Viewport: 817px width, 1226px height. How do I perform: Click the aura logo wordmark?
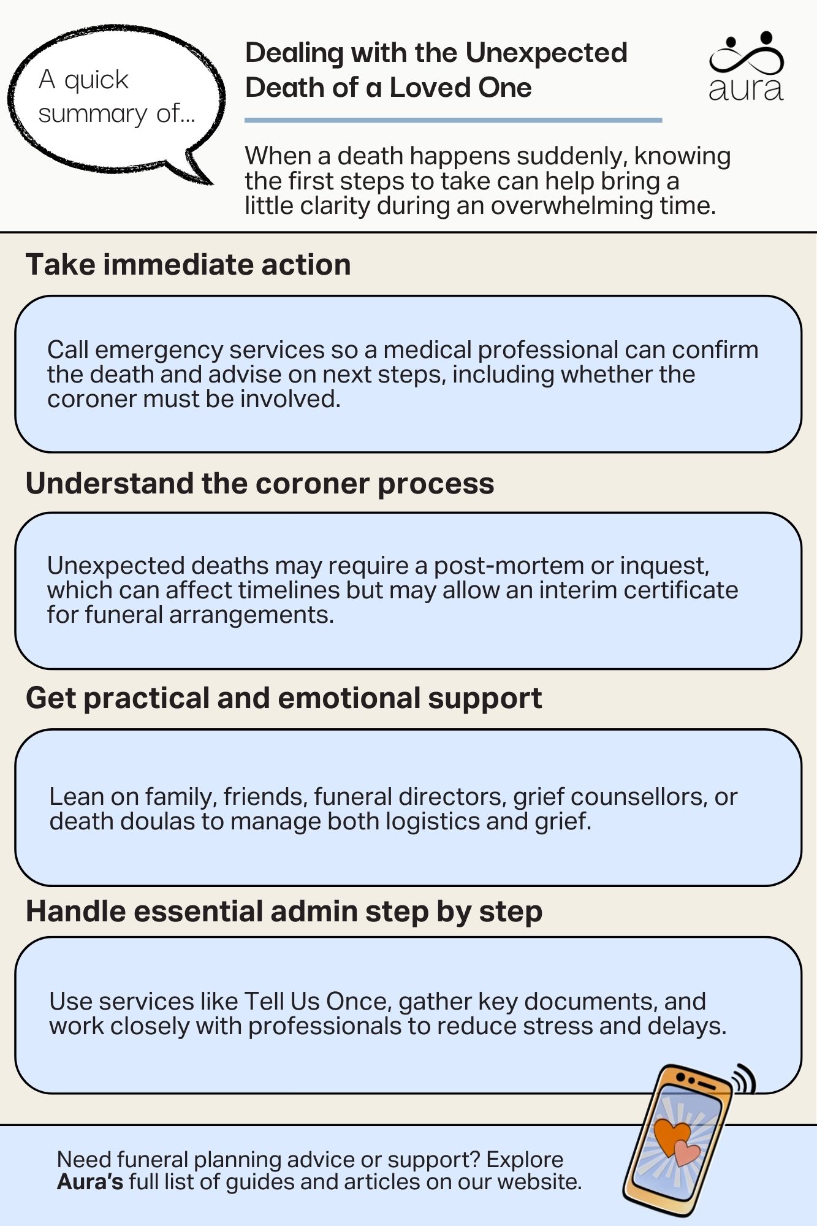(x=746, y=89)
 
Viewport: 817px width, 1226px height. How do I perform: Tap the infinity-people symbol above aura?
(x=747, y=55)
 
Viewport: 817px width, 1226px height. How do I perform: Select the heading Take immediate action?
(x=188, y=265)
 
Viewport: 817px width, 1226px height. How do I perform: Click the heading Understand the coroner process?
(x=260, y=483)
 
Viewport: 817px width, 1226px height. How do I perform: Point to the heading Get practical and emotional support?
(x=284, y=698)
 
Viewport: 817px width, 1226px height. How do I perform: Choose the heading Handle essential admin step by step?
(x=284, y=912)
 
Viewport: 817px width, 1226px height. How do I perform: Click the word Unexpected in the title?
(x=546, y=53)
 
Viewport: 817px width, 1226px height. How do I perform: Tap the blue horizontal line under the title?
(x=453, y=120)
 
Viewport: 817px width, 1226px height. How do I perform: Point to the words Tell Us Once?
(x=317, y=1002)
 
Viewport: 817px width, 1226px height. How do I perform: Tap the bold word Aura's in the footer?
(x=90, y=1182)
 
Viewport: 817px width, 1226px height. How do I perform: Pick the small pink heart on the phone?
(x=687, y=1153)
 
